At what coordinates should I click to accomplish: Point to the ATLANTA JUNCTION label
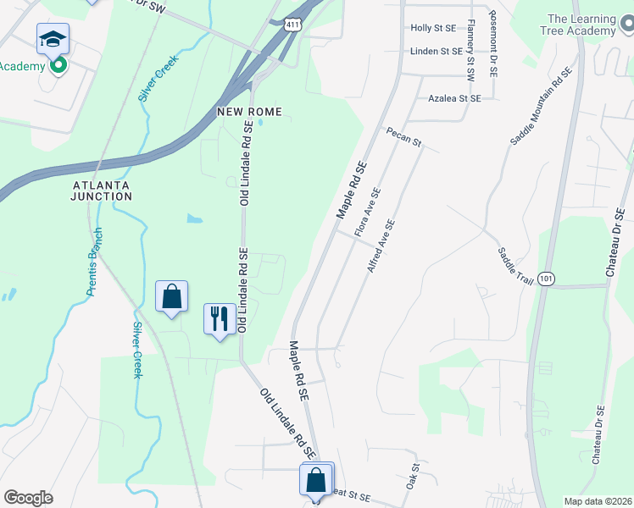tap(103, 190)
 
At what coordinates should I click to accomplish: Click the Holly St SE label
tap(433, 28)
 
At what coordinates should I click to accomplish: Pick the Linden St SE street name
tap(436, 51)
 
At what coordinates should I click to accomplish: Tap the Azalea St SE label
tap(454, 98)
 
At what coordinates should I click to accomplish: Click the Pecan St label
tap(403, 137)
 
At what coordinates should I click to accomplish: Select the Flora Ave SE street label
tap(368, 213)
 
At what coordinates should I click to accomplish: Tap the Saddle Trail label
tap(514, 266)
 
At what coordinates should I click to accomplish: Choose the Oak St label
tap(413, 475)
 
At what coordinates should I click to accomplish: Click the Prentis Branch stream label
tap(94, 262)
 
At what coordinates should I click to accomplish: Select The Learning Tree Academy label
tap(581, 25)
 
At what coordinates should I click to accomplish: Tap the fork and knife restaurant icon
tap(220, 319)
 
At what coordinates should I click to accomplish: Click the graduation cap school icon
tap(53, 38)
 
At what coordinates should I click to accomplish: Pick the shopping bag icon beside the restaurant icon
tap(171, 296)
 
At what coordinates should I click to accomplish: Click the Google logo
tap(28, 498)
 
